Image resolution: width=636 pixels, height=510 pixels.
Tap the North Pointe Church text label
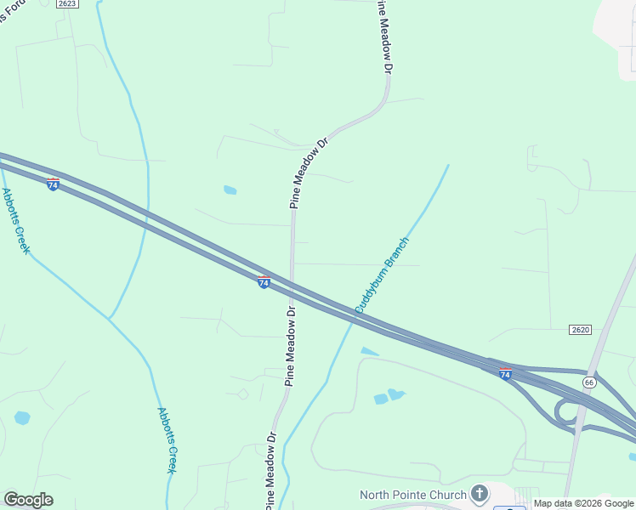point(413,495)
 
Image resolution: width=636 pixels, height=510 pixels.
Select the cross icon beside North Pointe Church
point(480,494)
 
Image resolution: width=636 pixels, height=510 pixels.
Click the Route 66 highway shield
point(589,382)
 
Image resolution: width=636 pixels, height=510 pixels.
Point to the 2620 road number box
point(581,329)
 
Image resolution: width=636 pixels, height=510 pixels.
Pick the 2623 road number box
point(68,4)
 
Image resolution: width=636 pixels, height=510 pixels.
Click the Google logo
point(28,500)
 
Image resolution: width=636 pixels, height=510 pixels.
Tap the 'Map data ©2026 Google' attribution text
point(583,503)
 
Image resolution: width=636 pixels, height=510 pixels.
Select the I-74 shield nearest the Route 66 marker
point(505,373)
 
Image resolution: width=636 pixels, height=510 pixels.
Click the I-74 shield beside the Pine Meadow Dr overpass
point(264,280)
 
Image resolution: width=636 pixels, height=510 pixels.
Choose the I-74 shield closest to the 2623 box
point(53,184)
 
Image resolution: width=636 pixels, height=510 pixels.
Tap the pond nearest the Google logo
point(22,418)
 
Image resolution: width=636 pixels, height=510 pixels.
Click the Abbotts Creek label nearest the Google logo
point(168,439)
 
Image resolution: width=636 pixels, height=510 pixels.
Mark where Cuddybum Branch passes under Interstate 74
point(353,320)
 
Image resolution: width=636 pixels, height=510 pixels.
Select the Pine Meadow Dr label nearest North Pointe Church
point(270,469)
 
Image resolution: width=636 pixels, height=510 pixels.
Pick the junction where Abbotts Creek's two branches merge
point(110,320)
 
